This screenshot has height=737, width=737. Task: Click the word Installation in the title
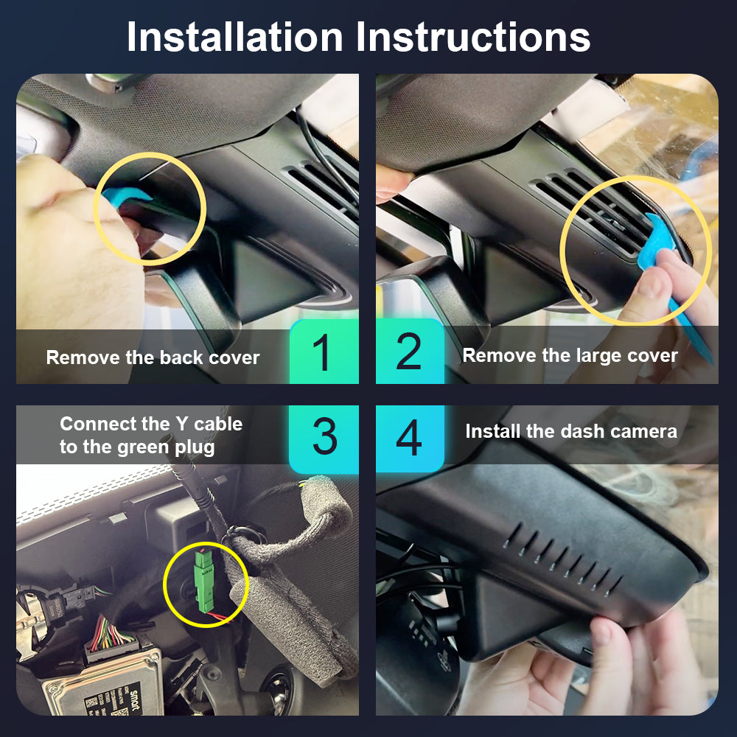click(x=235, y=37)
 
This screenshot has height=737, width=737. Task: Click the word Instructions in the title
click(x=473, y=37)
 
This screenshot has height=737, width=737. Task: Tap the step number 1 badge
click(x=324, y=352)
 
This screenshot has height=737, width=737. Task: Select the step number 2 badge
click(x=410, y=352)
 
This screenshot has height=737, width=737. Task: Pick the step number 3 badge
click(x=324, y=438)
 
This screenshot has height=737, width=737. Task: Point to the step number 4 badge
click(x=410, y=438)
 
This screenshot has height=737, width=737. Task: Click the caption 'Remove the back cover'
click(x=153, y=357)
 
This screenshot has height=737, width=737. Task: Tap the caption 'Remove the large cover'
click(x=570, y=356)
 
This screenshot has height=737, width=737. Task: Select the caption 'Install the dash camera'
click(x=571, y=431)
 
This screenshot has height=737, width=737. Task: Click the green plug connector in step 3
click(x=204, y=581)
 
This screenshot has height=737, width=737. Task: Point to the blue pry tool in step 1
click(x=123, y=197)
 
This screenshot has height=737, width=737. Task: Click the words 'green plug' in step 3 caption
click(x=166, y=447)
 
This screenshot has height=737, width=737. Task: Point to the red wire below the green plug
click(x=220, y=616)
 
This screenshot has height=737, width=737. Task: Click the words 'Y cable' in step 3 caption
click(x=209, y=424)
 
